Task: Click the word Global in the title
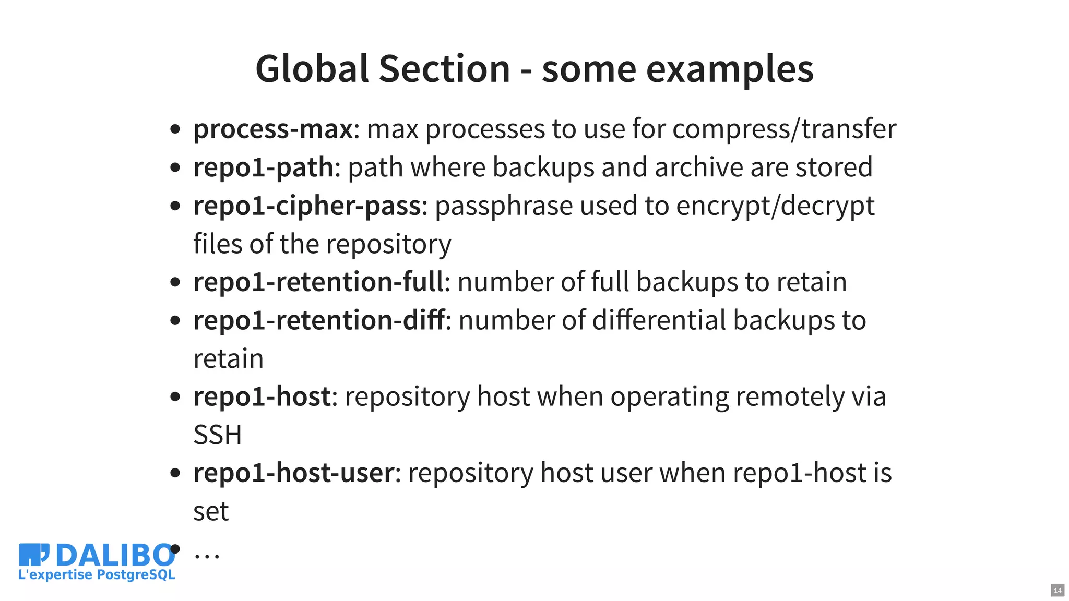(312, 69)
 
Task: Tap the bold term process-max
(273, 129)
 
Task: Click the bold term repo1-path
(263, 167)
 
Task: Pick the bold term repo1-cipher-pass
(307, 206)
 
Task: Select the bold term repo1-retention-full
(318, 282)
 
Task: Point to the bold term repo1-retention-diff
(318, 320)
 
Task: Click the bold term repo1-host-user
(293, 473)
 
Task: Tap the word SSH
(217, 435)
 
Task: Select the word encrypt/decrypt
(775, 206)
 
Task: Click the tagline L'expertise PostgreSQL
(97, 575)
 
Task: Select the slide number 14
(1057, 591)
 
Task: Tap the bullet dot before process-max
(175, 129)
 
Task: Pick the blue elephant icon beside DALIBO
(34, 554)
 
